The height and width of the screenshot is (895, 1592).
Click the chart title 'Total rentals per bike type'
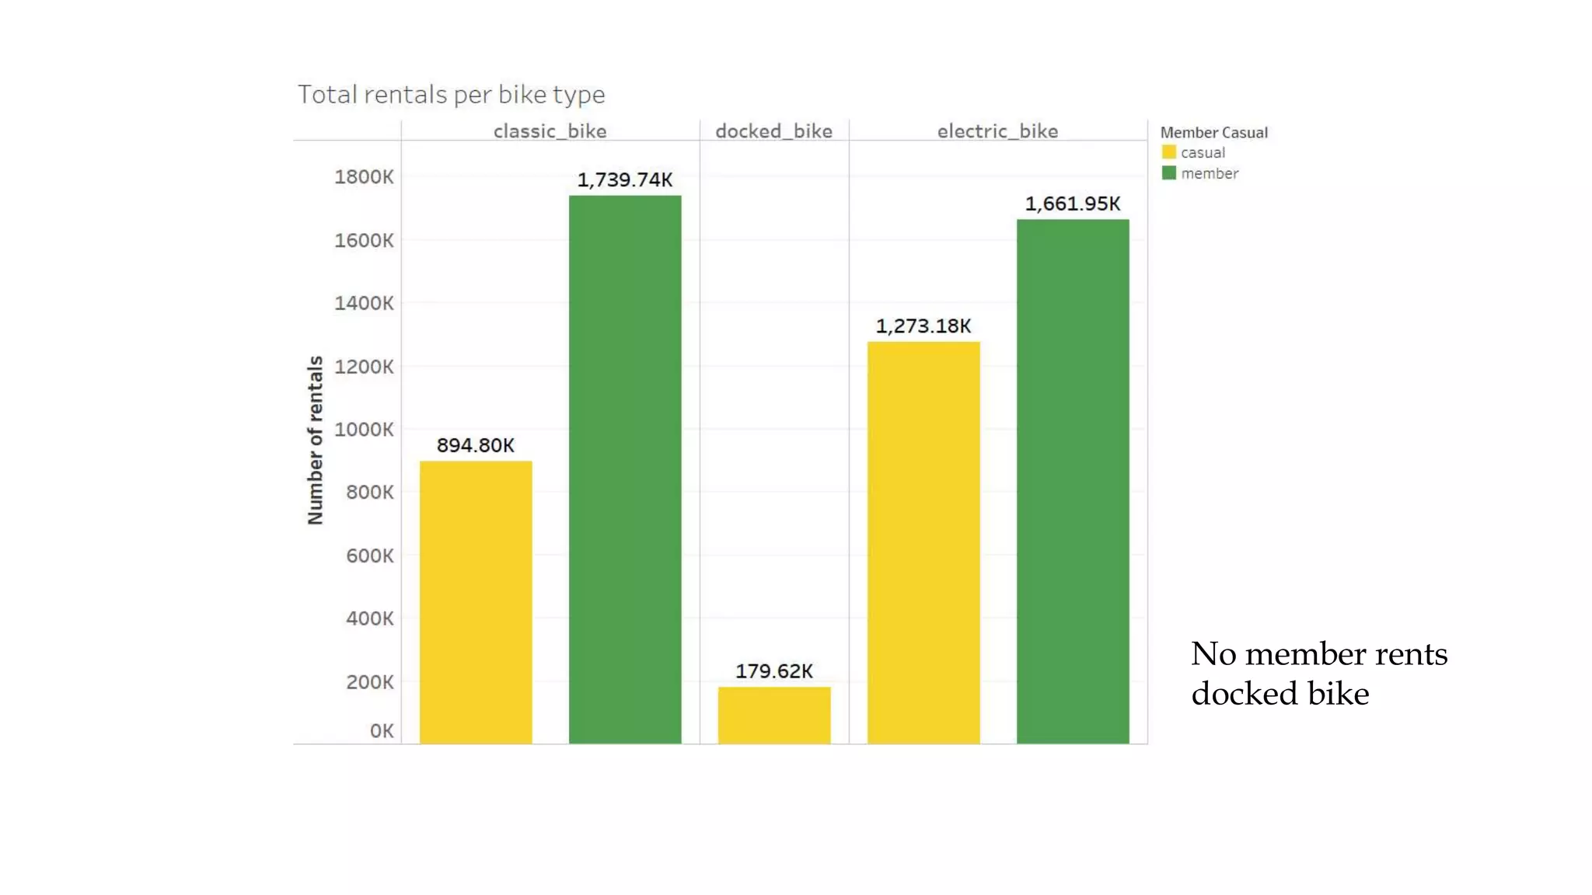coord(451,95)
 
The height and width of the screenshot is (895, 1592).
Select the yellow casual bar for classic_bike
coord(476,602)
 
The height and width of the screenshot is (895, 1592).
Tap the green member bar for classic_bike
coord(625,469)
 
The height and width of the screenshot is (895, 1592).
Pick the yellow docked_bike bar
coord(774,715)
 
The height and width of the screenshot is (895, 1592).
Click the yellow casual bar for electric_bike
coord(923,542)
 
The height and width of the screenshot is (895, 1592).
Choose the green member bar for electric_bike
coord(1073,482)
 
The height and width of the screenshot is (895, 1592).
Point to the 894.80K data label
coord(476,445)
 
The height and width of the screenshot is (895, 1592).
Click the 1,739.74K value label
coord(625,179)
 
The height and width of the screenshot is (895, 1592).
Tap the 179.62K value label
coord(774,670)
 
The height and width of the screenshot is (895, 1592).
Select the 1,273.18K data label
coord(923,326)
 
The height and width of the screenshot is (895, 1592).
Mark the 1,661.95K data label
coord(1073,204)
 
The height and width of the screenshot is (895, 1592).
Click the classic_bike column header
coord(550,131)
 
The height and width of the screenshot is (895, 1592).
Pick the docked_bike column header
coord(773,131)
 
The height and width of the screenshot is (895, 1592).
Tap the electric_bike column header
coord(997,131)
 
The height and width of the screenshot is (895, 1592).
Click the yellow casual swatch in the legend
coord(1168,152)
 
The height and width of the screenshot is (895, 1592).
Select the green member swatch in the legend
coord(1168,172)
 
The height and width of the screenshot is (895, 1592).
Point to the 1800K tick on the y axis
coord(364,177)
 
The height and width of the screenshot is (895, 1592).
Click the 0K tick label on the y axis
coord(382,731)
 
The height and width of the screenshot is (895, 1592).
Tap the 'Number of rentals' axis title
coord(315,440)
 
